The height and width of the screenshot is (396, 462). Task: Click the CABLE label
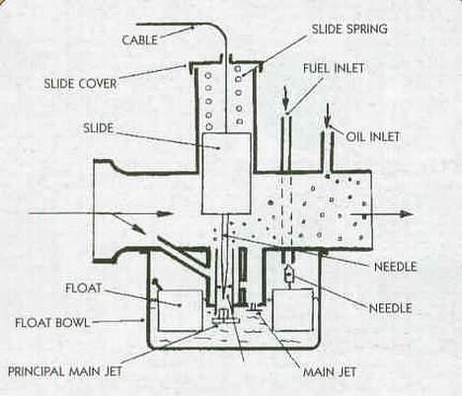pos(140,40)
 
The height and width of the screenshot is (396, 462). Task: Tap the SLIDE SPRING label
pos(349,29)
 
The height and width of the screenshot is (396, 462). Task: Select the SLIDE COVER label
pos(81,84)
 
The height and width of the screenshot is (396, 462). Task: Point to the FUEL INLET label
pos(334,68)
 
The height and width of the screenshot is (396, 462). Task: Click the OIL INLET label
pos(373,136)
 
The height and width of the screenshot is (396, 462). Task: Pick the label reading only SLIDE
pos(99,128)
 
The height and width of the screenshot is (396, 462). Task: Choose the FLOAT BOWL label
pos(52,323)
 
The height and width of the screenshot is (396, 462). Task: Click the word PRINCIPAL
pos(36,371)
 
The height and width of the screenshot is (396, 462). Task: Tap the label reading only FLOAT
pos(84,288)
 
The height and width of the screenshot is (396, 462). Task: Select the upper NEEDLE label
pos(396,267)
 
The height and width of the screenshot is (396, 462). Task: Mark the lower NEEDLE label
pos(391,308)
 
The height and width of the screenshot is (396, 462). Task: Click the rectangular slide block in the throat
pos(226,173)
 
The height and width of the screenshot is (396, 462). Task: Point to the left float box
pos(180,310)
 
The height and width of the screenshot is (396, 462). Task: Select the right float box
pos(292,310)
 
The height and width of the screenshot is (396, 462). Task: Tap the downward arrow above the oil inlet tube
pos(327,116)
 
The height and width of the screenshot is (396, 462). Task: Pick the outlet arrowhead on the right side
pos(406,214)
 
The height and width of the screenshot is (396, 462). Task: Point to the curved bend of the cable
pos(220,31)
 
